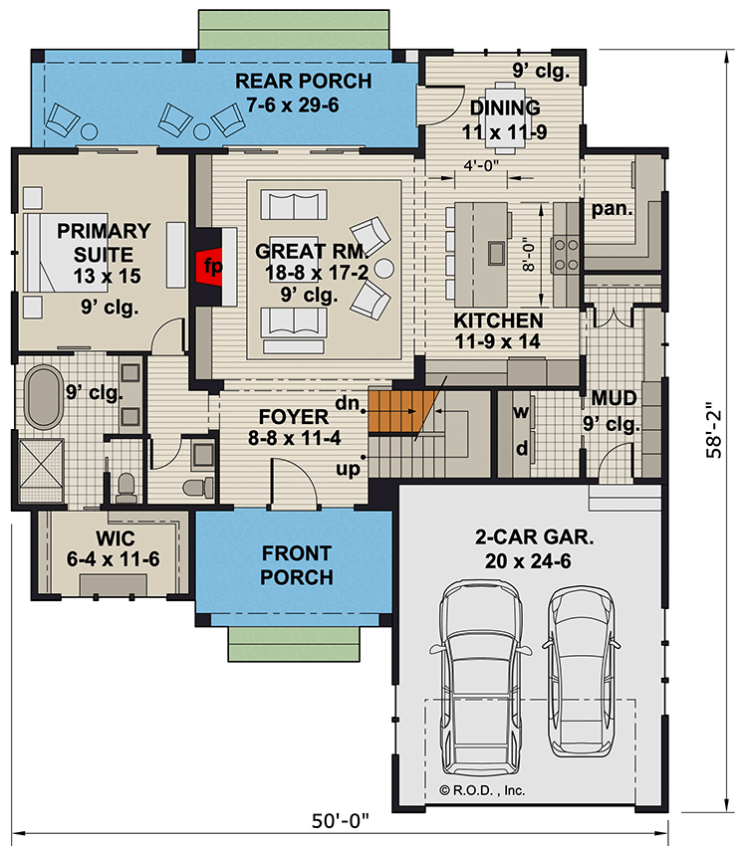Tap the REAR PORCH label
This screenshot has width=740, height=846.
(304, 92)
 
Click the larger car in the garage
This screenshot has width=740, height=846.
(482, 677)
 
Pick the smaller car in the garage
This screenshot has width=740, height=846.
(582, 667)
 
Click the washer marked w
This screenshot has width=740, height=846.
(520, 411)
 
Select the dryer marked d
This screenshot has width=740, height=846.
(520, 447)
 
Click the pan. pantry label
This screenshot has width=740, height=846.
(609, 210)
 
